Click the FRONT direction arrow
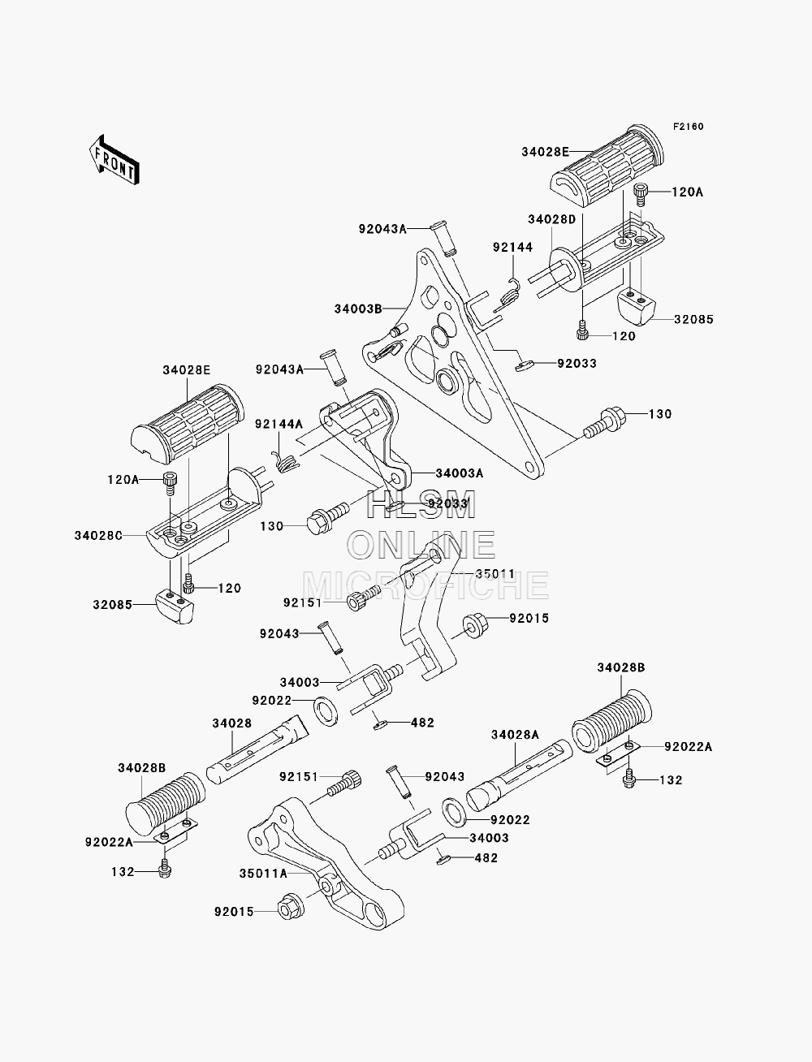114,160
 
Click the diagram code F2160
688,127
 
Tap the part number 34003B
358,309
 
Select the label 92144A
279,424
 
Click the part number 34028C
98,536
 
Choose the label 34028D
551,219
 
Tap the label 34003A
460,473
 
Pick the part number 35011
495,574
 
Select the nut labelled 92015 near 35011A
291,912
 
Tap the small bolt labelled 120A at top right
641,196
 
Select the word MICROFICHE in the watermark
425,585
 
